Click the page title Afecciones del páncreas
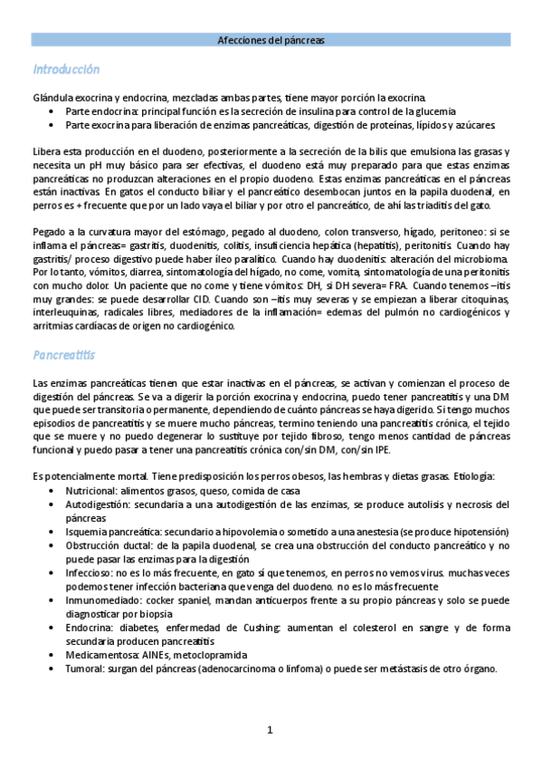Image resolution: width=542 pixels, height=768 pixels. (271, 41)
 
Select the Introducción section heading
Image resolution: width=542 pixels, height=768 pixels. (66, 70)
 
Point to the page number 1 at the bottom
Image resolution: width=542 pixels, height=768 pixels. (271, 730)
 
